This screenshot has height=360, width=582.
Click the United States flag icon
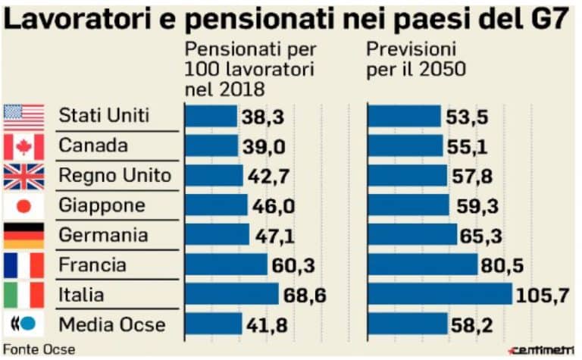tap(23, 117)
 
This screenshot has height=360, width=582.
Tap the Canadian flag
tap(23, 146)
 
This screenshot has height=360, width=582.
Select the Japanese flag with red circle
tap(23, 205)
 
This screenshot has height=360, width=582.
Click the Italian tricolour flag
tap(23, 294)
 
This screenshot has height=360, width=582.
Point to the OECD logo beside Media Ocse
tap(23, 324)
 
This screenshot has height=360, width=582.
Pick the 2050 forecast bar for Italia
tap(440, 294)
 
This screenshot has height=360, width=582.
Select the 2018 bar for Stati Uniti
tap(211, 116)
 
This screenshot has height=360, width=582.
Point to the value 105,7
tap(543, 295)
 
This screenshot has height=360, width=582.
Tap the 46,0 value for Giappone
tap(271, 206)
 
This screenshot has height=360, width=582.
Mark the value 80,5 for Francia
tap(503, 265)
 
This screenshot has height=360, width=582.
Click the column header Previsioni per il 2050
tap(417, 60)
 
